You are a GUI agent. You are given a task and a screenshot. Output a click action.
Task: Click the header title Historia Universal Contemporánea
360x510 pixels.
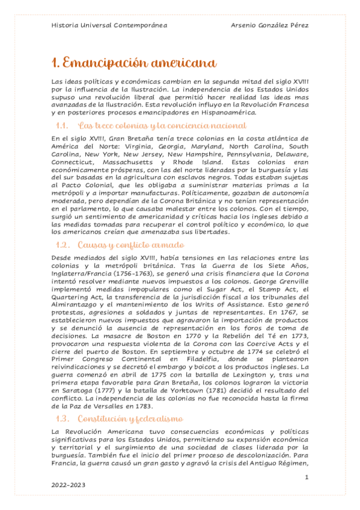point(109,25)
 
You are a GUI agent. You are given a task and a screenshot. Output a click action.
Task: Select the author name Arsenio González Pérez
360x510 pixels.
point(269,25)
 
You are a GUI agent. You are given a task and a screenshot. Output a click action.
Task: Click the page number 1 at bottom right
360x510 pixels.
point(307,477)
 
